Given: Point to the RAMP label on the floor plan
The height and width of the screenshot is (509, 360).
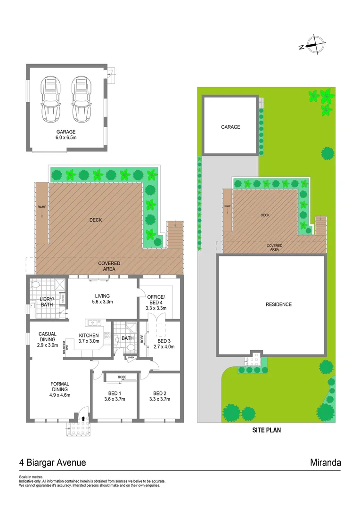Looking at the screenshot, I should click(x=41, y=207).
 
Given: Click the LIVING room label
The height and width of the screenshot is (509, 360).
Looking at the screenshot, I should click(x=102, y=296).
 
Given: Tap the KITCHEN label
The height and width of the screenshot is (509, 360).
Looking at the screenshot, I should click(x=89, y=336).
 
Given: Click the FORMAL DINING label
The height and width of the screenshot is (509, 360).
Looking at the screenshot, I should click(x=60, y=386).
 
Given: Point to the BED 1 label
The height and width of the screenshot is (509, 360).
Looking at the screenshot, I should click(x=115, y=393).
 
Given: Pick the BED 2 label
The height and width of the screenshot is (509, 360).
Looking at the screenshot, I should click(x=160, y=393).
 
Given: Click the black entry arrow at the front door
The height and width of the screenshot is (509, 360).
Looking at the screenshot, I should click(x=83, y=418).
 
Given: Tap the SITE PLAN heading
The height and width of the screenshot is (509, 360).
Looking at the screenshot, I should click(x=267, y=430).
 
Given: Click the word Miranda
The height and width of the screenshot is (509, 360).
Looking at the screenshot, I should click(x=326, y=462).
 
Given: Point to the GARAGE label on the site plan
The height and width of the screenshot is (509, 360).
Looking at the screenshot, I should click(x=230, y=127).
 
